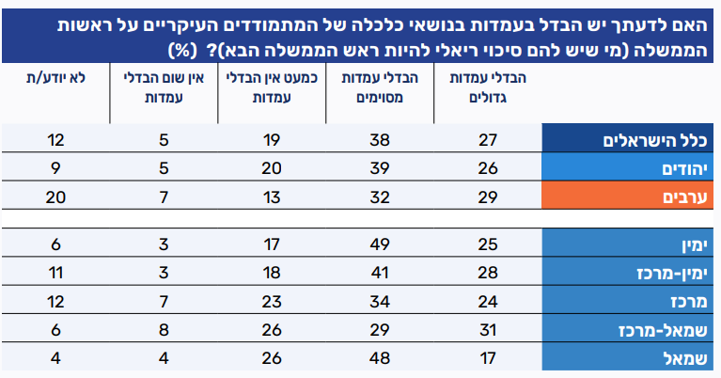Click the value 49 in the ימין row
pyautogui.click(x=380, y=245)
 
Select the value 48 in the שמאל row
pyautogui.click(x=380, y=359)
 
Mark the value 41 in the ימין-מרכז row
pyautogui.click(x=380, y=274)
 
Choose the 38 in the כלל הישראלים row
pyautogui.click(x=380, y=141)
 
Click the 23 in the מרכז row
pyautogui.click(x=273, y=302)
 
